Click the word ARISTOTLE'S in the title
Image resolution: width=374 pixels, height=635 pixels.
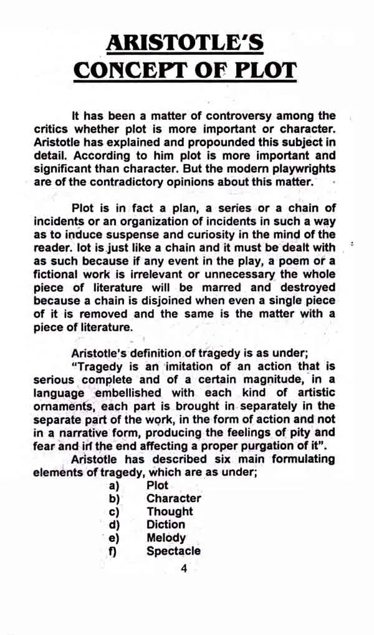[x=185, y=42]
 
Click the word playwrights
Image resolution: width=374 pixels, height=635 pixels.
[x=301, y=168]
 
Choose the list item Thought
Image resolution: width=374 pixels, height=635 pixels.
[x=170, y=511]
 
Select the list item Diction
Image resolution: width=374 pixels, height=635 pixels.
[x=166, y=525]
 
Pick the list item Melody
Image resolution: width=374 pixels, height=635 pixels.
[x=166, y=538]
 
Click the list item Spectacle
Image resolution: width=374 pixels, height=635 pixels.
[x=173, y=551]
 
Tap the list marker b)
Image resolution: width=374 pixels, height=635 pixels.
[x=114, y=498]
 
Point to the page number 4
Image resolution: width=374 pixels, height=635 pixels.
[x=183, y=568]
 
